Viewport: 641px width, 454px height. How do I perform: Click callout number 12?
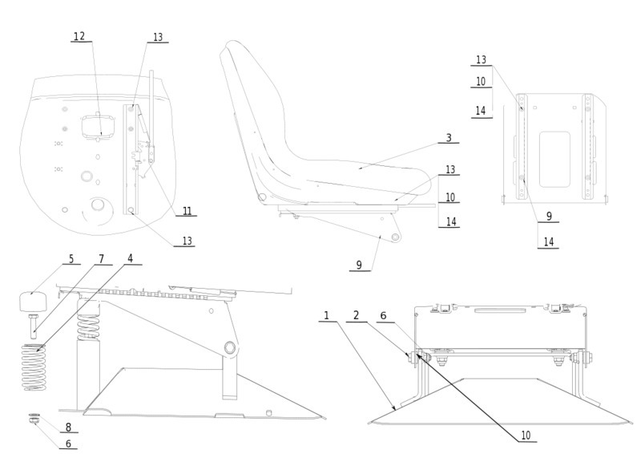click(x=79, y=36)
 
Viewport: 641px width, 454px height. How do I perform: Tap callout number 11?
click(x=187, y=211)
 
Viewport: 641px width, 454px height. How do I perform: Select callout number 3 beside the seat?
click(x=449, y=138)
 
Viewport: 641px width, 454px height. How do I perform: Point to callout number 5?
click(x=71, y=259)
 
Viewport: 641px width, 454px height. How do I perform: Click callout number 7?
click(x=101, y=259)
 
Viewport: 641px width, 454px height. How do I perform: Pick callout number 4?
click(x=130, y=259)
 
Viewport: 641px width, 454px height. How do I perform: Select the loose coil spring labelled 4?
click(x=33, y=367)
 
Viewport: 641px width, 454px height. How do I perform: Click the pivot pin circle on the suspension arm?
click(x=231, y=347)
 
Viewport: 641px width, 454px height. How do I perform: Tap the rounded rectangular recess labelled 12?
click(x=97, y=124)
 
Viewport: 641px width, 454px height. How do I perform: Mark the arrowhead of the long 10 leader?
click(x=418, y=354)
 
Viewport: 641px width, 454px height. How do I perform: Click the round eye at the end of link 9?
click(x=394, y=236)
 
